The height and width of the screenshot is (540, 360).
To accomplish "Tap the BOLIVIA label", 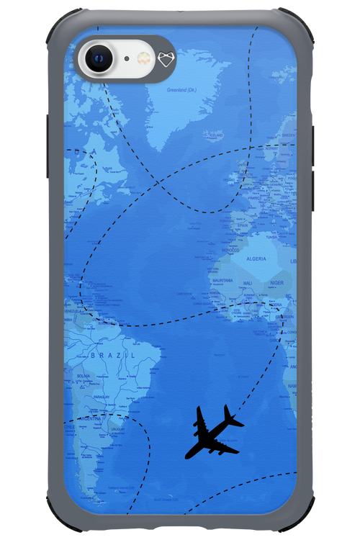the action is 83,375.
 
